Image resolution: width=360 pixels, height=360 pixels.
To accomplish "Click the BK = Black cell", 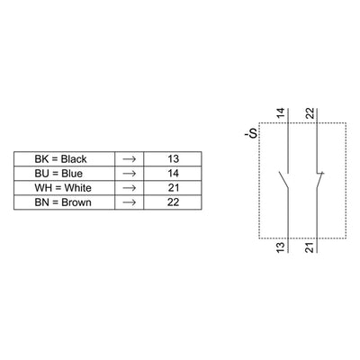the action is click(64, 158).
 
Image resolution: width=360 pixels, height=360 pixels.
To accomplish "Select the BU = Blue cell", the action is click(64, 174).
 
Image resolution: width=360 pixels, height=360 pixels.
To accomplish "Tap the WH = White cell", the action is click(64, 188).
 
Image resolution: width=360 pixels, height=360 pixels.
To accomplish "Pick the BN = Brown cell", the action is click(64, 202).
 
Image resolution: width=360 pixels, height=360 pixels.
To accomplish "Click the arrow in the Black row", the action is click(130, 159).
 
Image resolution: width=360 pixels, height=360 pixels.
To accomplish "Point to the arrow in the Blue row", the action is click(130, 174).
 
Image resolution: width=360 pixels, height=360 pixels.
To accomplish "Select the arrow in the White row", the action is click(130, 188).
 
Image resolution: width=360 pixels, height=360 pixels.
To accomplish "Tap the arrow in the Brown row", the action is click(130, 202).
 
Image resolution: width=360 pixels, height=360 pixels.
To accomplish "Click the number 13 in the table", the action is click(173, 158).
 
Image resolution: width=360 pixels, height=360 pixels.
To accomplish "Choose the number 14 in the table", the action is click(173, 173).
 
